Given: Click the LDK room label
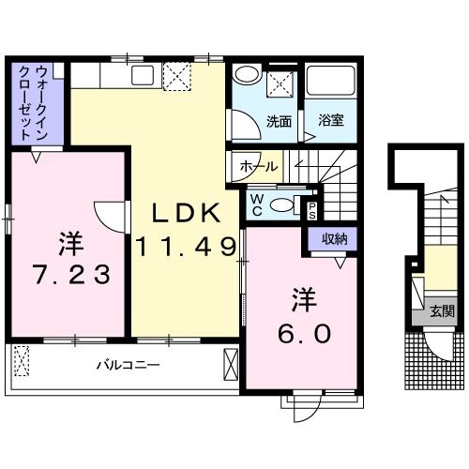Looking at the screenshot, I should coord(182,214).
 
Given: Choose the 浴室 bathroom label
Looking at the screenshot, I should coord(329,121).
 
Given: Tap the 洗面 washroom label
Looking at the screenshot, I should coord(279,121).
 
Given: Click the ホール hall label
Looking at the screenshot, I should coord(259,167).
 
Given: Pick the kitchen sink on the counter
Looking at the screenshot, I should coord(143,75).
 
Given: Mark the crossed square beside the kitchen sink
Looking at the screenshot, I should coord(177,74).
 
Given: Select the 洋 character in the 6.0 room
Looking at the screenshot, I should coord(303,302).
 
